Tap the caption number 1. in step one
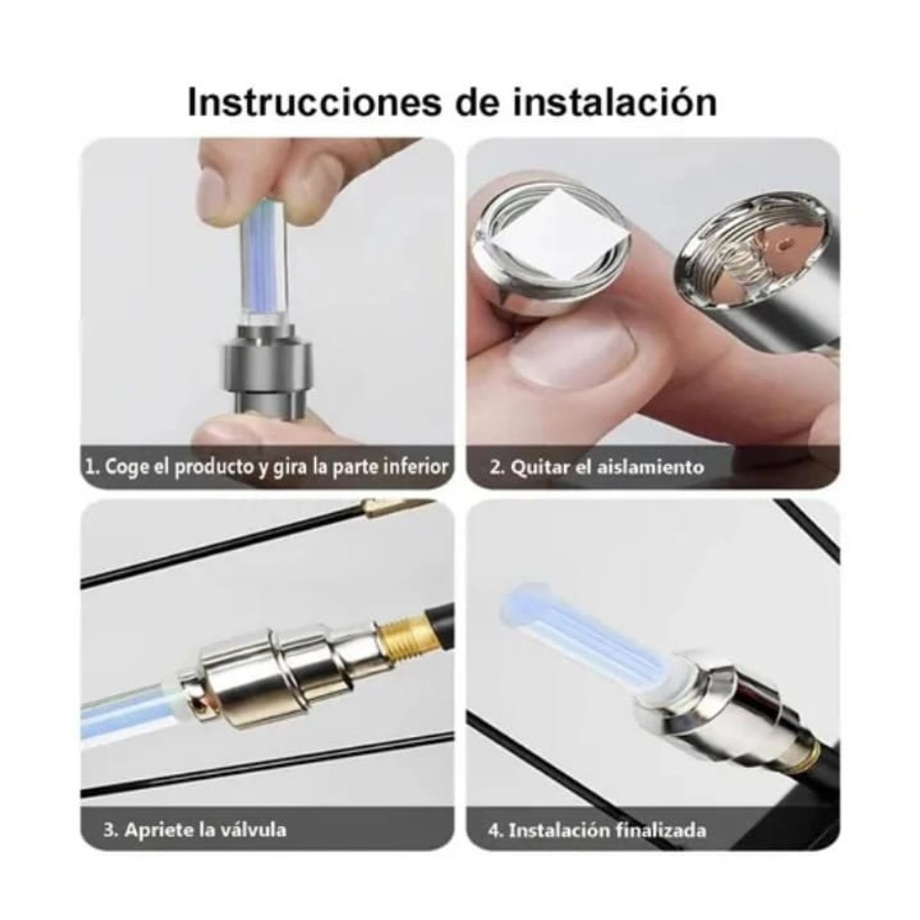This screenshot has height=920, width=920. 93,467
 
